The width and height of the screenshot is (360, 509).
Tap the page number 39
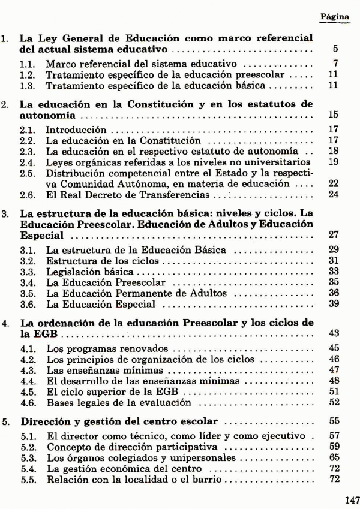[334, 303]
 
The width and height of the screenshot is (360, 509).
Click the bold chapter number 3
[5, 212]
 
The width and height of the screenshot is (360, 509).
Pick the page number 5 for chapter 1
[337, 48]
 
